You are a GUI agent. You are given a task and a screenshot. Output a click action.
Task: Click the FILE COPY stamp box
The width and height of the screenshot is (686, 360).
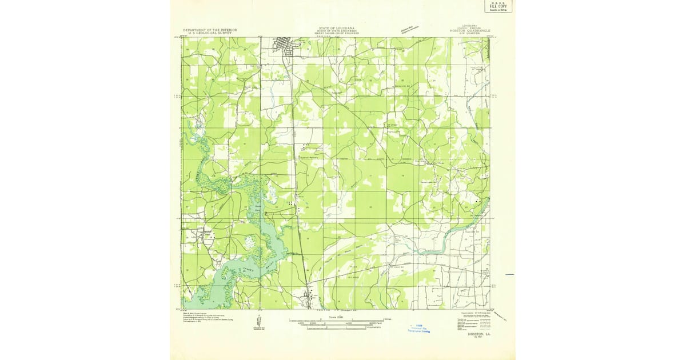click(498, 6)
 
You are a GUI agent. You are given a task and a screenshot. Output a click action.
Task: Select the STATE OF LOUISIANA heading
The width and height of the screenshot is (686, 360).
click(336, 27)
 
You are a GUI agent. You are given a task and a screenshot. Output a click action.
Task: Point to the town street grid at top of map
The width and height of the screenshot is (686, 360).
click(284, 46)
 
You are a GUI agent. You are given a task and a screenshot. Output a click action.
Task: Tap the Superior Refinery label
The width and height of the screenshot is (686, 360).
click(309, 158)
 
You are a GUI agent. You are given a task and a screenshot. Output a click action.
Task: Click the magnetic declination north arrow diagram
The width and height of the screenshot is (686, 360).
click(259, 323)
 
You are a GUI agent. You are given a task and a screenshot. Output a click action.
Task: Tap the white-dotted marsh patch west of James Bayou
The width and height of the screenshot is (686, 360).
click(250, 242)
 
